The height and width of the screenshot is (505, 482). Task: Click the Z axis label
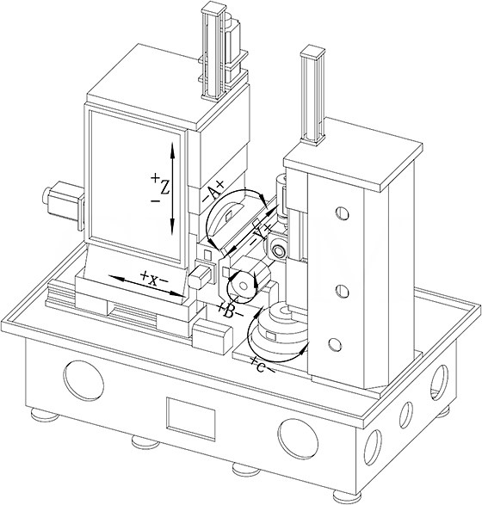click(164, 188)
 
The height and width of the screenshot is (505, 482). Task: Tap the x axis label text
click(153, 280)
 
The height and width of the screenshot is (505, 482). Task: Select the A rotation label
click(213, 192)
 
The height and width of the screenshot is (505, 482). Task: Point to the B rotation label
click(230, 311)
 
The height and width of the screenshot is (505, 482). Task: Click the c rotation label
click(262, 366)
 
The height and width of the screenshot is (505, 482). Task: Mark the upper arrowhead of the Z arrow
click(172, 149)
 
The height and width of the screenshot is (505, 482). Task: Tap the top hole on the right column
click(343, 212)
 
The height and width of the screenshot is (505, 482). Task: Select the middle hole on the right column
click(342, 291)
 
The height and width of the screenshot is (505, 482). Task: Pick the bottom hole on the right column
click(335, 345)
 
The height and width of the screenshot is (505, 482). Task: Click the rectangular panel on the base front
click(191, 418)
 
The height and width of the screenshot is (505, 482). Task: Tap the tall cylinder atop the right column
click(312, 95)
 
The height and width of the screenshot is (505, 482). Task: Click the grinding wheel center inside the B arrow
click(244, 286)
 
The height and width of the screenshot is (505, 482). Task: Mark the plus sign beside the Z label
click(155, 177)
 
